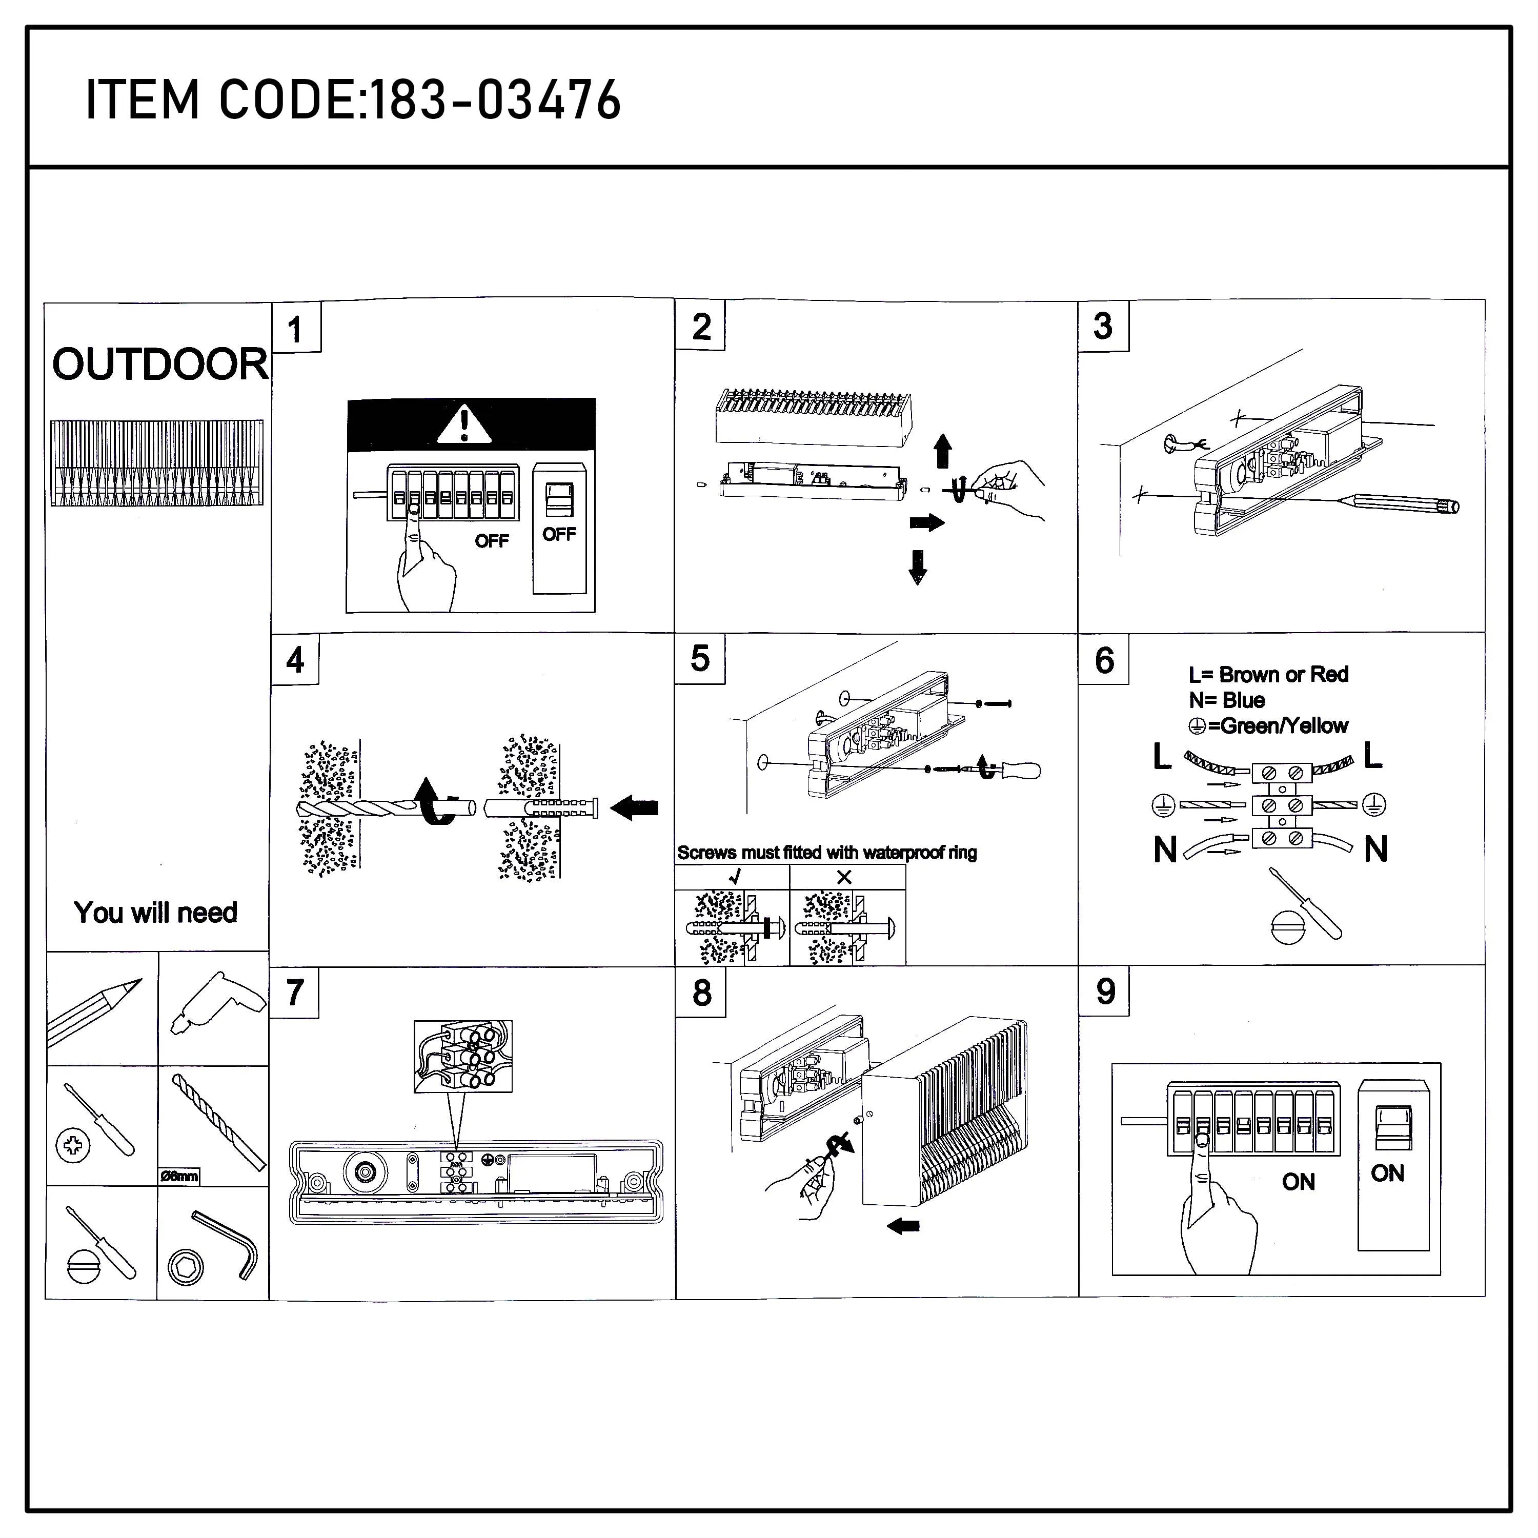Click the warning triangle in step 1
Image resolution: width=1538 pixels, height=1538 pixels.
tap(464, 424)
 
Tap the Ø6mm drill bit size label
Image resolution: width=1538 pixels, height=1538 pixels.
tap(178, 1176)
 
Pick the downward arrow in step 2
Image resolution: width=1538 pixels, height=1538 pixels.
tap(918, 567)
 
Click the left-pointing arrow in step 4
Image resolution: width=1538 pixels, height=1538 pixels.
tap(635, 808)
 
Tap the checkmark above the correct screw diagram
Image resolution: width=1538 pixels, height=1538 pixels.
tap(735, 877)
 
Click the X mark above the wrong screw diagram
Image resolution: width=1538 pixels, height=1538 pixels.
tap(845, 877)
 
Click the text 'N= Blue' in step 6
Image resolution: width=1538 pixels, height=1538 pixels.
tap(1227, 700)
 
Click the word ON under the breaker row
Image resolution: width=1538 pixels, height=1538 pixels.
tap(1299, 1182)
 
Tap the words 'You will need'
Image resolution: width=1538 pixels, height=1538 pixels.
tap(155, 913)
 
